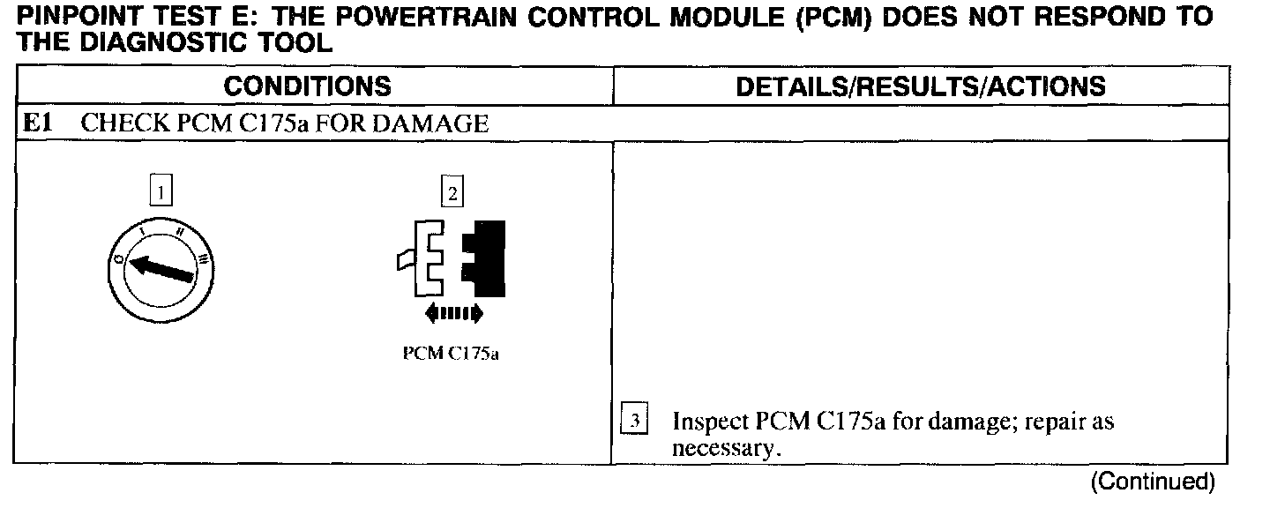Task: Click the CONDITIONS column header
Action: point(307,86)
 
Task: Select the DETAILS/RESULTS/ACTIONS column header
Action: point(920,86)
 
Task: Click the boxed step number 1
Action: point(160,191)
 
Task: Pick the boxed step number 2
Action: point(452,192)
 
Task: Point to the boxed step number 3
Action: point(634,421)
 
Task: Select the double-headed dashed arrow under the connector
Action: point(453,312)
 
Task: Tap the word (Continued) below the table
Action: point(1153,482)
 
